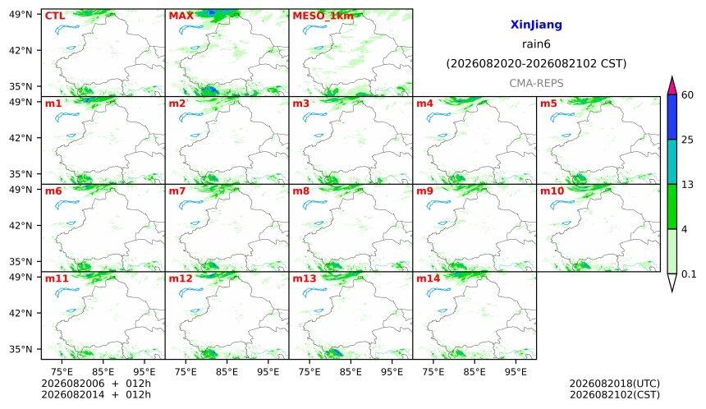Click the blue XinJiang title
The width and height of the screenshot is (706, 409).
coord(536,25)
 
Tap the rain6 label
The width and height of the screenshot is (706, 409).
coord(536,44)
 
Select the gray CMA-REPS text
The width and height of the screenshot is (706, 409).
coord(536,83)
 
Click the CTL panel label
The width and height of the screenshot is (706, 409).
coord(55,16)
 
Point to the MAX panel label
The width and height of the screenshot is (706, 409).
coord(181,16)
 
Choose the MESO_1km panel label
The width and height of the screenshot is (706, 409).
coord(323,16)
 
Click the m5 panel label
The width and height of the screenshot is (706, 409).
coord(548,103)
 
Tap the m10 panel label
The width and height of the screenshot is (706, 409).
coord(552,191)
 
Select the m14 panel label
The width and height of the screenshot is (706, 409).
coord(428,278)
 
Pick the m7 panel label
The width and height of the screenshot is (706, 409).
coord(177,191)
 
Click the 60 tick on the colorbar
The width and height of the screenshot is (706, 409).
coord(687,95)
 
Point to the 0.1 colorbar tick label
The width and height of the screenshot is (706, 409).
coord(689,273)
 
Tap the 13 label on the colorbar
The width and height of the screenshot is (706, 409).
coord(687,185)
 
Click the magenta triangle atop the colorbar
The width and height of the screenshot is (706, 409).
coord(672,86)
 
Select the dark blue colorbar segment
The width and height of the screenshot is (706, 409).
coord(672,117)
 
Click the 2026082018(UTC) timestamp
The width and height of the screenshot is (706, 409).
coord(615,384)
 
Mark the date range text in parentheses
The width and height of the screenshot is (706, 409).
coord(536,64)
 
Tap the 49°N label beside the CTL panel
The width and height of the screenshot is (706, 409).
coord(21,15)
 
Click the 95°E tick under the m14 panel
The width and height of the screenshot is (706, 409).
coord(516,372)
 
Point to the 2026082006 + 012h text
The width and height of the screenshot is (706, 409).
coord(96,384)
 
